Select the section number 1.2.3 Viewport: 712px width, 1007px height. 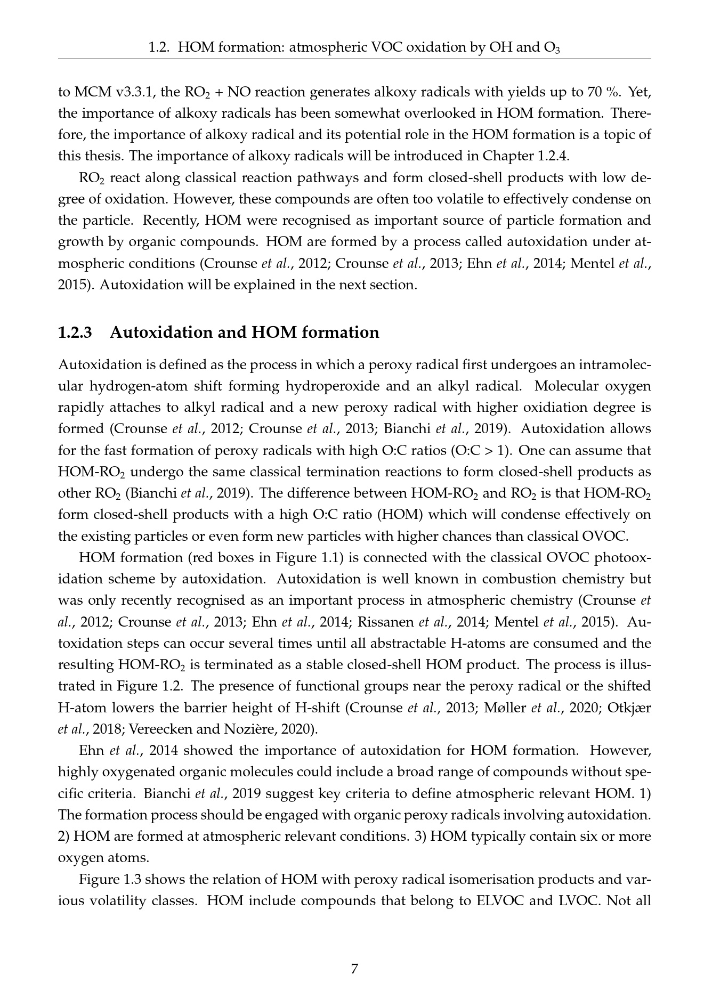pos(75,332)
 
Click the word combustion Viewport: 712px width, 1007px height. pos(520,579)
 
